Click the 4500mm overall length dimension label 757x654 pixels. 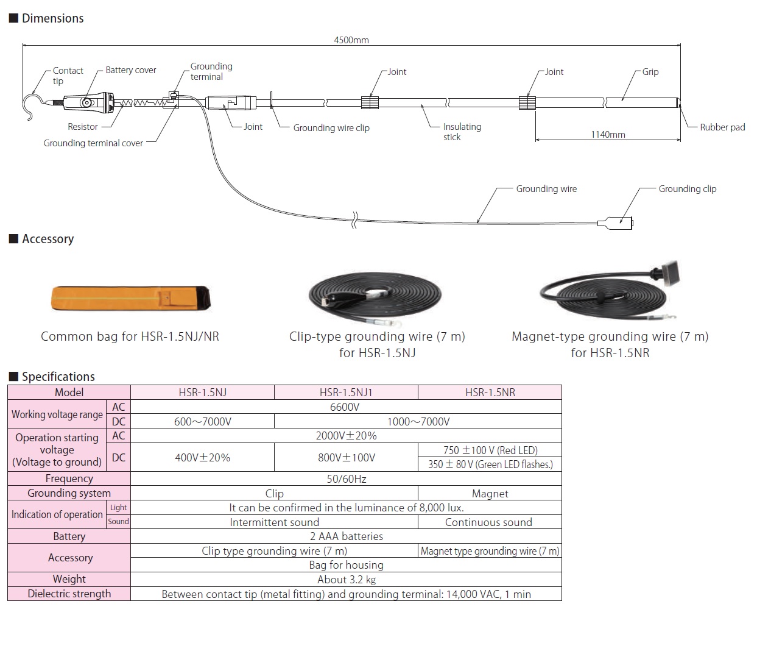pos(351,40)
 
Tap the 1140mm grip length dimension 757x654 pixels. pos(608,135)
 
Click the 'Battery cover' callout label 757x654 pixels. pos(131,70)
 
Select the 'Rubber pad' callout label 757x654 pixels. pos(722,127)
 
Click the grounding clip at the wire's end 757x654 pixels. pos(619,223)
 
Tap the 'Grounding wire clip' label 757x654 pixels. pos(331,128)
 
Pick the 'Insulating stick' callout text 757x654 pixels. pos(462,132)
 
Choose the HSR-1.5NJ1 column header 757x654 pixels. pos(346,393)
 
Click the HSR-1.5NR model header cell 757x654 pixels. pos(490,393)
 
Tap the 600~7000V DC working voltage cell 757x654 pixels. pos(202,422)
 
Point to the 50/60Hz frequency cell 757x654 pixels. pos(346,479)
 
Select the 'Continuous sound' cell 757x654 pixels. pos(488,522)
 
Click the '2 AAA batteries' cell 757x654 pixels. pos(346,536)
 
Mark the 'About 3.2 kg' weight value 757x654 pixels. pos(346,580)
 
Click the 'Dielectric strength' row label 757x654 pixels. pos(69,594)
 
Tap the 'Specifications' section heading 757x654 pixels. pos(58,377)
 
